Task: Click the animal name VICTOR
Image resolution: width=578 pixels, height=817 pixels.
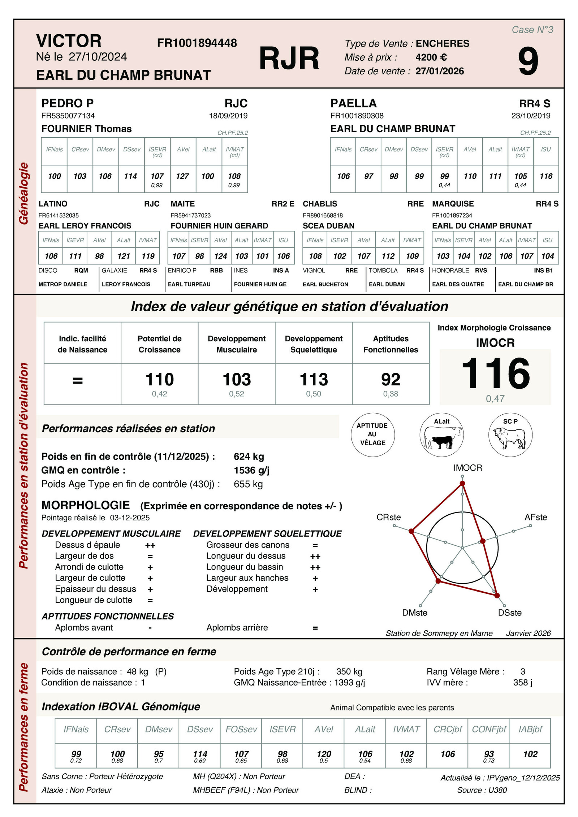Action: [x=69, y=41]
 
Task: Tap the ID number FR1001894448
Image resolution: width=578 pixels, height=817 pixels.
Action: [x=197, y=43]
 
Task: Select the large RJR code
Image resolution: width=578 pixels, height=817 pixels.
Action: [x=289, y=58]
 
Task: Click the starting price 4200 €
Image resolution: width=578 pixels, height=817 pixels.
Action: [x=431, y=57]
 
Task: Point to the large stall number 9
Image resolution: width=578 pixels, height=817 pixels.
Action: [x=528, y=62]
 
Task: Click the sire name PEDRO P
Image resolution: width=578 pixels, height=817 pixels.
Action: [x=68, y=103]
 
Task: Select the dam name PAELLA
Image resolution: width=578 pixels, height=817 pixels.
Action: [x=353, y=103]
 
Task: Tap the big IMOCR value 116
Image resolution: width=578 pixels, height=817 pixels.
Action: [x=495, y=373]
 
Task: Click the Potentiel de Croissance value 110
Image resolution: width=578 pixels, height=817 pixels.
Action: [x=159, y=380]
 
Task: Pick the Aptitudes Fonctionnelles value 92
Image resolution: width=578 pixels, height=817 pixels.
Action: [x=391, y=380]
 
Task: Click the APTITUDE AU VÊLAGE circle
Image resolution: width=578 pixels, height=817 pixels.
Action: [x=372, y=435]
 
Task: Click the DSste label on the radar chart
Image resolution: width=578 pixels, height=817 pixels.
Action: [x=509, y=613]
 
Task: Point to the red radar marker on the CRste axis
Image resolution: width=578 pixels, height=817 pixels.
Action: [x=411, y=531]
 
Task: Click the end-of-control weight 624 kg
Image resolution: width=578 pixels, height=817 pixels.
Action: [x=249, y=457]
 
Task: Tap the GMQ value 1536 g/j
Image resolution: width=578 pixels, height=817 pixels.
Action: [x=251, y=470]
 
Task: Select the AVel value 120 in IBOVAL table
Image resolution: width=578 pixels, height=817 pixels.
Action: [x=324, y=754]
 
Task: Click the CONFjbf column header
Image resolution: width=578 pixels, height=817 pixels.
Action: [x=489, y=729]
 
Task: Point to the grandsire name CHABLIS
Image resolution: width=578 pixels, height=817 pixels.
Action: [x=320, y=204]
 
